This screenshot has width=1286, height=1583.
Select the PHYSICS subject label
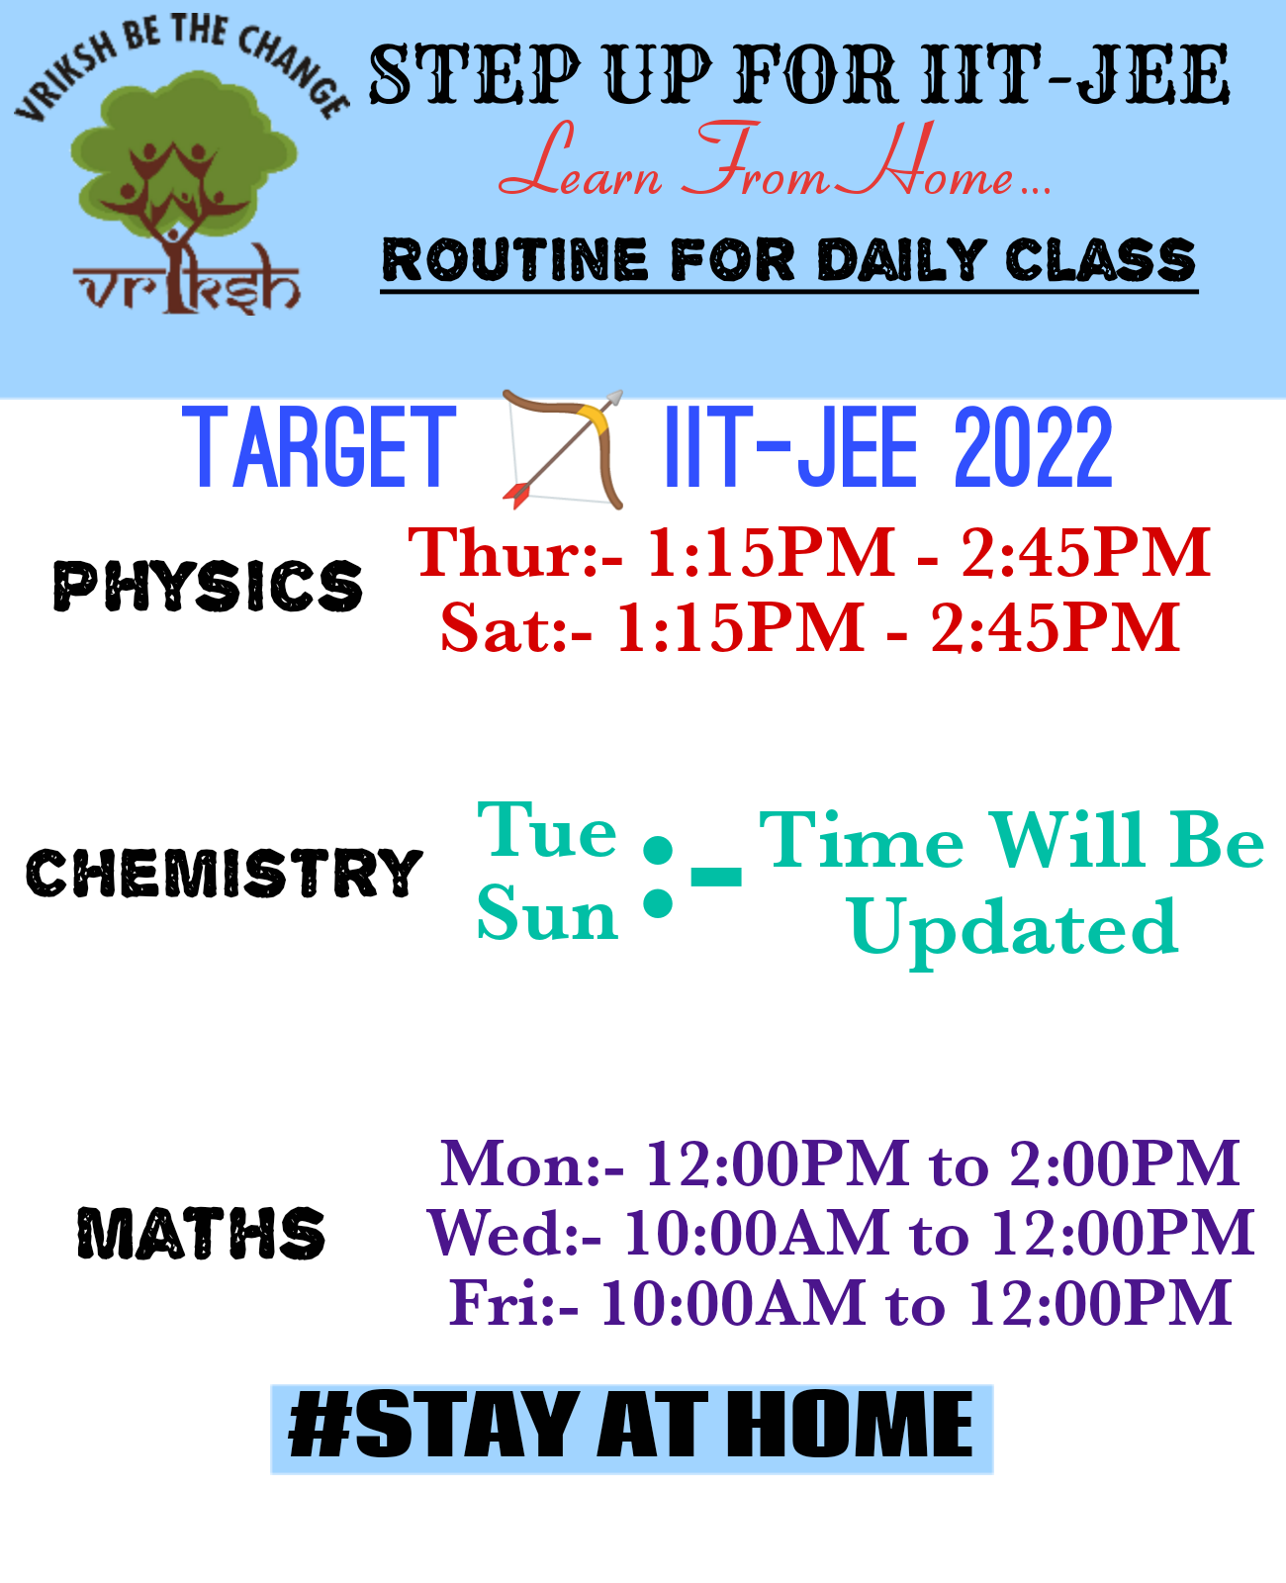click(x=208, y=586)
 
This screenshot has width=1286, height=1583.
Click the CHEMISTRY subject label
click(x=225, y=873)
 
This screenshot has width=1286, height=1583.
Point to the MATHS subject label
click(x=202, y=1234)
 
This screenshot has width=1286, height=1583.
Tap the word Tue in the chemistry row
click(x=547, y=831)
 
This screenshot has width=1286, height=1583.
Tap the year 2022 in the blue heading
click(x=1033, y=450)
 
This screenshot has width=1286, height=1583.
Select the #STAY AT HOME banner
click(x=631, y=1428)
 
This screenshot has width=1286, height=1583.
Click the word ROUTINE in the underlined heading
click(x=514, y=260)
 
